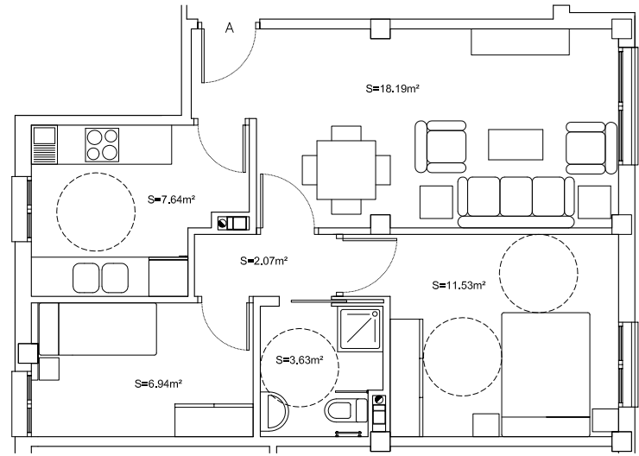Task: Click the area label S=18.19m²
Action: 393,88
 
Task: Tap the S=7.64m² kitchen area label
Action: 171,199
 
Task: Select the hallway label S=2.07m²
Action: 264,261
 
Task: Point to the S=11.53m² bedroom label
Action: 459,285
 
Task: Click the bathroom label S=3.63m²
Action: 300,360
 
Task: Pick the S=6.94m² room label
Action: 158,383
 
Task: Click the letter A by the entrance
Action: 230,28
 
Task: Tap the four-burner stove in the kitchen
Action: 102,145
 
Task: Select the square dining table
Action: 346,170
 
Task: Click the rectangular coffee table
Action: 516,145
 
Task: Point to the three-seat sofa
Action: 516,202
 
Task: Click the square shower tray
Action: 360,329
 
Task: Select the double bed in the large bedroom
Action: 546,374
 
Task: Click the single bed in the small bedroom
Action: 98,329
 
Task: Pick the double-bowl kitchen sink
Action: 101,278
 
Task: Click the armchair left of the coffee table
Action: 440,147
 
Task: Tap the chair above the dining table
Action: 346,133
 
